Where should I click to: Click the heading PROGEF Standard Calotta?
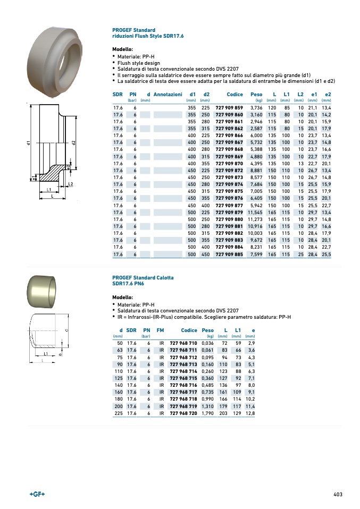[143, 278]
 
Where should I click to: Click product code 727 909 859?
[229, 108]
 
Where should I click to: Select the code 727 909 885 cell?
[229, 254]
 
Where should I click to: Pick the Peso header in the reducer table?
[256, 94]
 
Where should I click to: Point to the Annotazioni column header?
[168, 94]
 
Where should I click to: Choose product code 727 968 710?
[183, 344]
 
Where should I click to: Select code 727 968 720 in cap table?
[183, 413]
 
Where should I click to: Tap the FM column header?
[160, 330]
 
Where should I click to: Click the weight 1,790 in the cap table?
[207, 413]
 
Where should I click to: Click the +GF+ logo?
[37, 494]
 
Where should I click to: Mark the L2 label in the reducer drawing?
[70, 184]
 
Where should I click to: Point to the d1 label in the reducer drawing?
[28, 143]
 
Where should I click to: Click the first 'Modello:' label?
[122, 49]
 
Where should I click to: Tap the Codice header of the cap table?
[189, 330]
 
